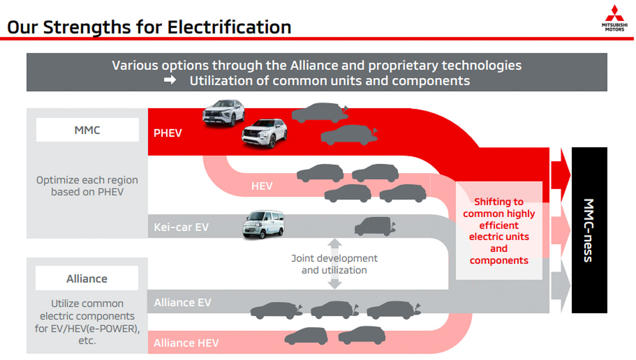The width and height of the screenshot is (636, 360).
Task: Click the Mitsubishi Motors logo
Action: pyautogui.click(x=614, y=18)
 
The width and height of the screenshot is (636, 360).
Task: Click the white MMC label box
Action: pyautogui.click(x=87, y=130)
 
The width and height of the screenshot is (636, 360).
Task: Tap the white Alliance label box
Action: pyautogui.click(x=87, y=279)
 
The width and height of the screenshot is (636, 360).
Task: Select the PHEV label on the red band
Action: pyautogui.click(x=167, y=133)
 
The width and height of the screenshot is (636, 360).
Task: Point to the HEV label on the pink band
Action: pyautogui.click(x=262, y=186)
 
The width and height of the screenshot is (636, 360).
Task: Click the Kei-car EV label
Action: pyautogui.click(x=181, y=227)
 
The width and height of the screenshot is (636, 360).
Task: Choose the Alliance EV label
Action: pyautogui.click(x=182, y=302)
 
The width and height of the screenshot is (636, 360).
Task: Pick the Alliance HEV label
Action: pyautogui.click(x=186, y=343)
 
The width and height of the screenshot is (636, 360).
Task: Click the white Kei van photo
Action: pyautogui.click(x=263, y=224)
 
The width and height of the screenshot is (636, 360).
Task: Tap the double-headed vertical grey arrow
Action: pyautogui.click(x=335, y=264)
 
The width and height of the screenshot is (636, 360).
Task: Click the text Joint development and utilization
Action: pyautogui.click(x=334, y=264)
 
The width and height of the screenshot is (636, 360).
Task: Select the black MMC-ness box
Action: pyautogui.click(x=589, y=230)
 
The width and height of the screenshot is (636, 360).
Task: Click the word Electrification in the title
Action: pyautogui.click(x=229, y=27)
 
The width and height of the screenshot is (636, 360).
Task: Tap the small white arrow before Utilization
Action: pyautogui.click(x=170, y=80)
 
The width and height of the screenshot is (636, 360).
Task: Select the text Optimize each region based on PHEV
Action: pyautogui.click(x=87, y=186)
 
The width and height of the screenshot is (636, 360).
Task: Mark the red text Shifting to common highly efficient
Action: pyautogui.click(x=499, y=214)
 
